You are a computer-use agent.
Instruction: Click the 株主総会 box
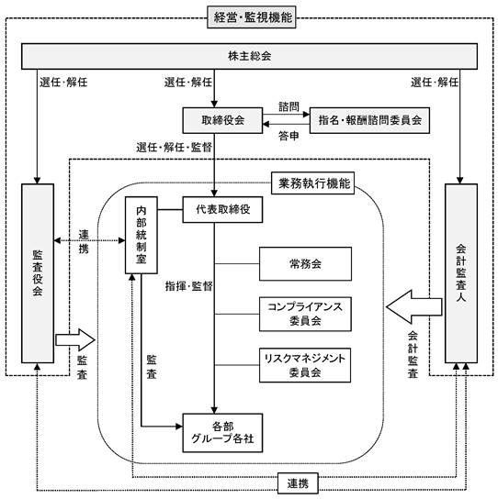(249, 56)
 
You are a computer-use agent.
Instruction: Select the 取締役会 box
(222, 120)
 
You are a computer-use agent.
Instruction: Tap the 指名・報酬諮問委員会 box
(369, 120)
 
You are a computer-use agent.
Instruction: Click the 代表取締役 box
(222, 209)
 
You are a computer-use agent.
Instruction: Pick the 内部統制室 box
(141, 235)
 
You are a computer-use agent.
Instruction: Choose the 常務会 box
(305, 264)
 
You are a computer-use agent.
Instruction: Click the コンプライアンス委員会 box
(305, 314)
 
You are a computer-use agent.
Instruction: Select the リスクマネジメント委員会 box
(305, 365)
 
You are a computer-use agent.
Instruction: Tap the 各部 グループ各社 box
(222, 433)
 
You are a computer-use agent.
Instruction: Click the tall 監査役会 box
(38, 273)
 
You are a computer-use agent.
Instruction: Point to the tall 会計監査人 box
(461, 273)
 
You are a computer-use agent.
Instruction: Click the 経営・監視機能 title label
(252, 17)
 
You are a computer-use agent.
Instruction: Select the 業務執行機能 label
(312, 183)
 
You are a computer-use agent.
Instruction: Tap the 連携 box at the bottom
(298, 483)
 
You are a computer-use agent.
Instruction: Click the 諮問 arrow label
(289, 106)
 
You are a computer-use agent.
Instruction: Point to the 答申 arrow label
(289, 136)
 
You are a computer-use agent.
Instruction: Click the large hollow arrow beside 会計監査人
(413, 306)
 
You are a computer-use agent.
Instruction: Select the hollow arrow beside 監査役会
(75, 340)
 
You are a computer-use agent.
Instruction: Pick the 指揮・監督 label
(188, 286)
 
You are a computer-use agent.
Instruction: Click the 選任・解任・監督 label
(174, 148)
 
